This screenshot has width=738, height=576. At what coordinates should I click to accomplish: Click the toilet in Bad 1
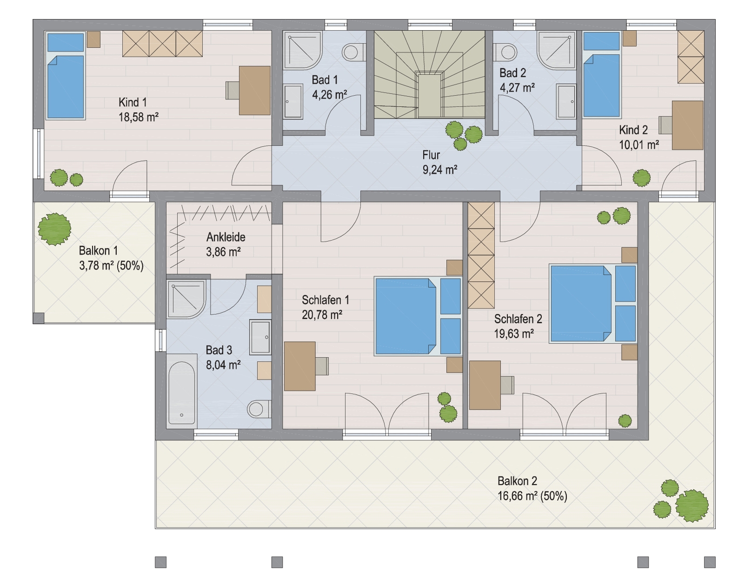pos(353,52)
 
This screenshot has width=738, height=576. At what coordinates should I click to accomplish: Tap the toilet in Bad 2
pos(505,52)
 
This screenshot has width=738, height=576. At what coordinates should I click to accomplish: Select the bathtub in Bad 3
pos(182,389)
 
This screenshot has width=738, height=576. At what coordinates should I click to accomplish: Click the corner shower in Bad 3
pos(186,299)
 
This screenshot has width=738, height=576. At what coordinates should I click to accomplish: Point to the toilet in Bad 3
pos(259,409)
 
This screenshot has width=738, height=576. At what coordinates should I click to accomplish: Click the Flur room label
pos(431,155)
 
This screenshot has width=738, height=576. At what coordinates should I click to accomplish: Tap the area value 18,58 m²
pos(139,117)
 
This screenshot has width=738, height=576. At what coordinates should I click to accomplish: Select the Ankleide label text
pos(226,237)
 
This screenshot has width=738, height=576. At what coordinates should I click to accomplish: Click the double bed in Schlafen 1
pos(418,316)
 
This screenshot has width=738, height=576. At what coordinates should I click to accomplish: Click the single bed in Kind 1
pos(66,76)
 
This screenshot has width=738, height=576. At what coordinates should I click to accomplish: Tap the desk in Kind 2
pos(687,125)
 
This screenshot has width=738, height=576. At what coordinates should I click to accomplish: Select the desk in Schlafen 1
pos(300,366)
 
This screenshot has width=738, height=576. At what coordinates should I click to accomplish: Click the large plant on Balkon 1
pos(54,229)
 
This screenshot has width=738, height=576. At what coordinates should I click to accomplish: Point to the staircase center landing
pos(430,95)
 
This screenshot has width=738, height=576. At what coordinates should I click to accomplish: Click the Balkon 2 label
pos(517,481)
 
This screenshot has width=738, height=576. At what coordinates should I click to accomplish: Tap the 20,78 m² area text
pos(322,315)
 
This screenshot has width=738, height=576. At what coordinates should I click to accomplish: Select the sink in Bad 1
pos(293,101)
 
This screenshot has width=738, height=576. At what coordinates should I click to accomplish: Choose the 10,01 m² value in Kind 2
pos(639,145)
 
